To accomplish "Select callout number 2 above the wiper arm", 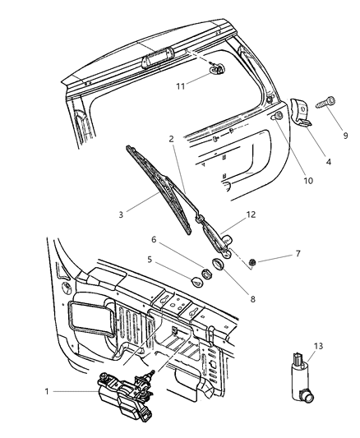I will (171, 140).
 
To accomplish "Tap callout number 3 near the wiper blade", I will (121, 215).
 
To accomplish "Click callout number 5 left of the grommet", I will (150, 259).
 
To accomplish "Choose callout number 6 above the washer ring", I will (152, 239).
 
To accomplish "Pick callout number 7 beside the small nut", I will (298, 254).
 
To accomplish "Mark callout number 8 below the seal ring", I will (253, 299).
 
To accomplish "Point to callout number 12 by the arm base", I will (251, 215).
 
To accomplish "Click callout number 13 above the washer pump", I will (319, 347).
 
